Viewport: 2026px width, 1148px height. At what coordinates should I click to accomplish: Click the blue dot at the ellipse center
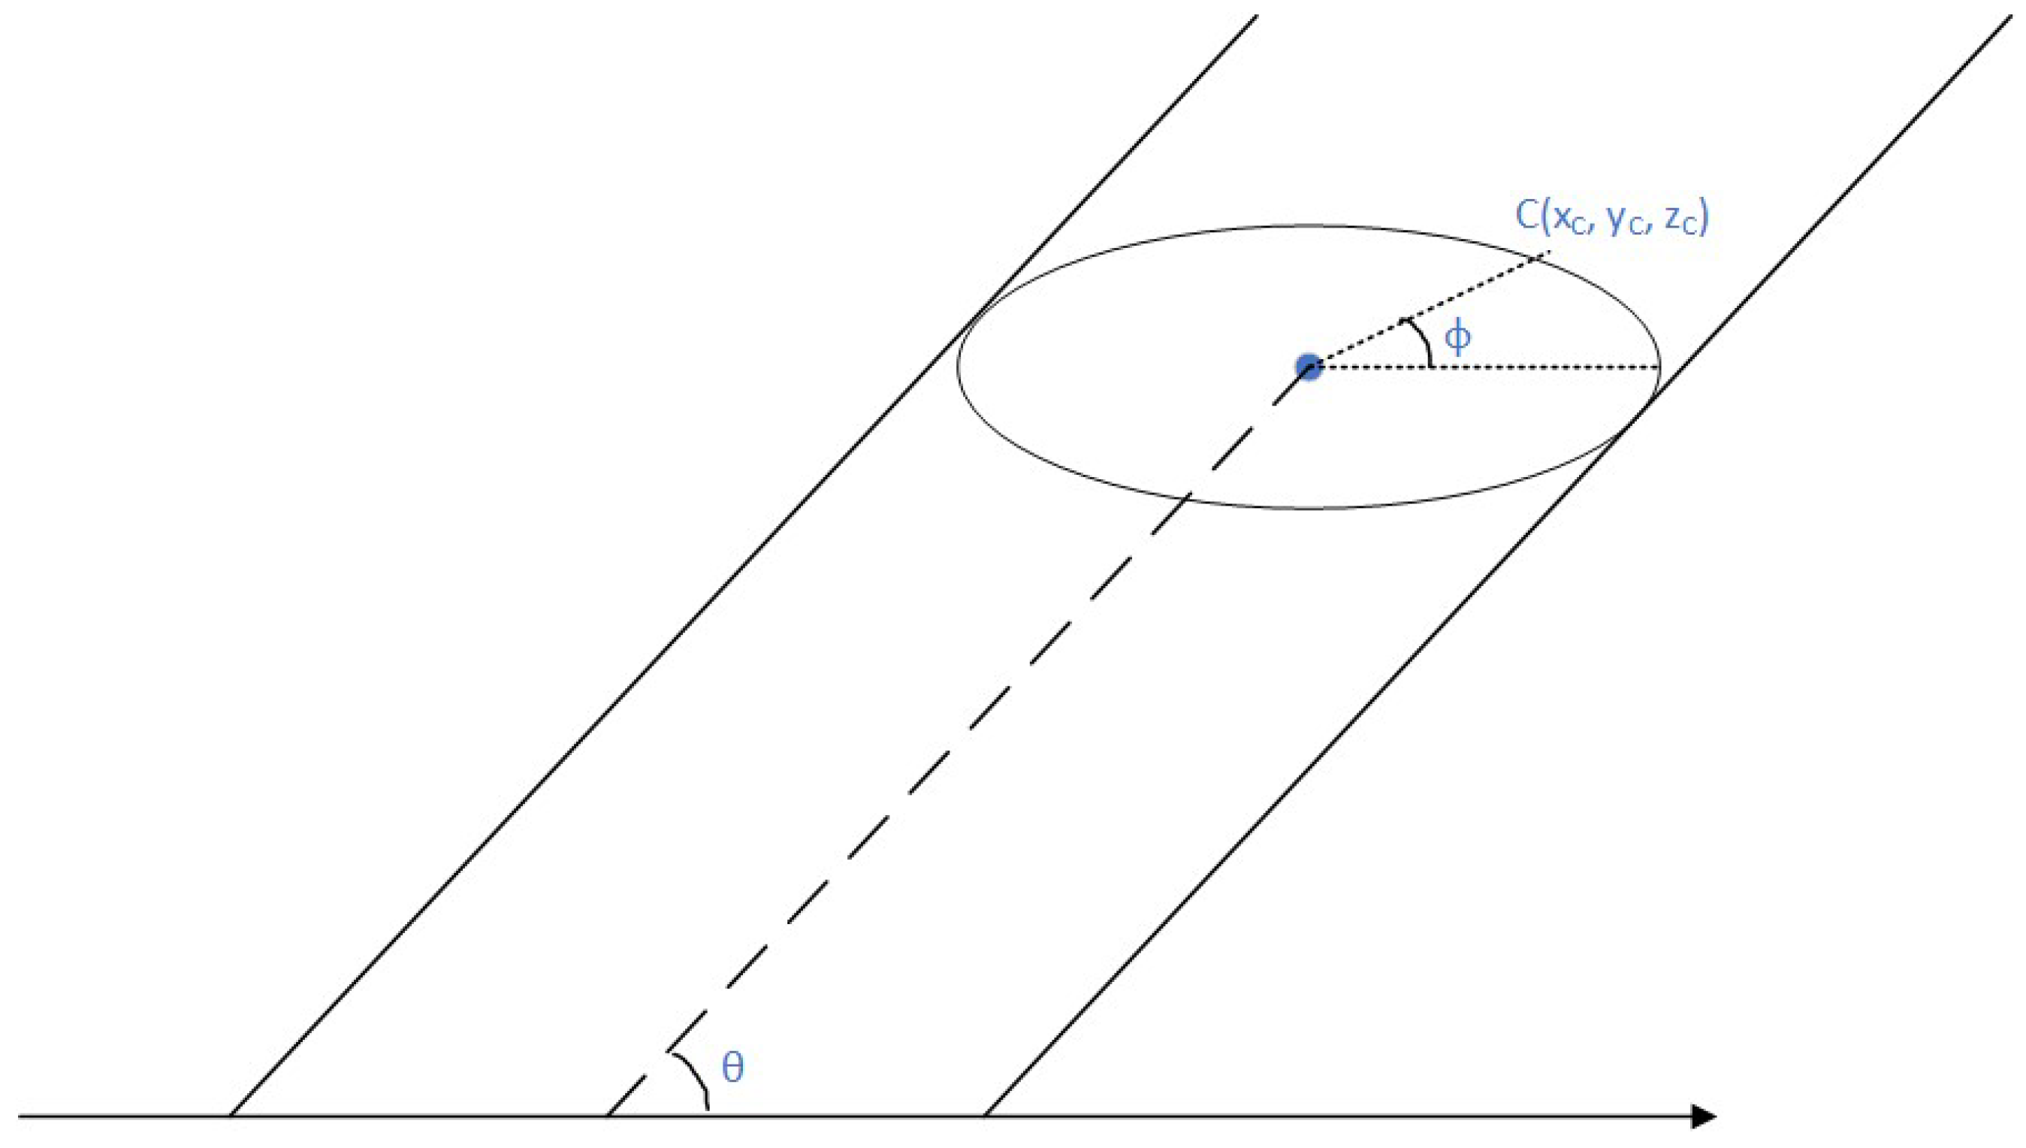tap(1309, 367)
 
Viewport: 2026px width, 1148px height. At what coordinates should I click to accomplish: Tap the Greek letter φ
tap(1457, 337)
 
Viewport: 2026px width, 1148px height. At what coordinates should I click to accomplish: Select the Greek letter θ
tap(732, 1068)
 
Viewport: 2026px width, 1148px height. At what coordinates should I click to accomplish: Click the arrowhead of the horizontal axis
tap(1704, 1116)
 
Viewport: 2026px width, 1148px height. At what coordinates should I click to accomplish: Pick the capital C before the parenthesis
tap(1528, 216)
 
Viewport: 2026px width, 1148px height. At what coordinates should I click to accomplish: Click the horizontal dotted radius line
tap(1498, 367)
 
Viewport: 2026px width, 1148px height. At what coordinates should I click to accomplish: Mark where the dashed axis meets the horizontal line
tap(608, 1116)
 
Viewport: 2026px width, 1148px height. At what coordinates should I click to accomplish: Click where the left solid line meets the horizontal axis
tap(230, 1116)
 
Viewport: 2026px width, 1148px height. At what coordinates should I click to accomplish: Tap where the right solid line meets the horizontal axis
tap(985, 1116)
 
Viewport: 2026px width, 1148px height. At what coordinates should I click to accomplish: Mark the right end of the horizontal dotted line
tap(1659, 367)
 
